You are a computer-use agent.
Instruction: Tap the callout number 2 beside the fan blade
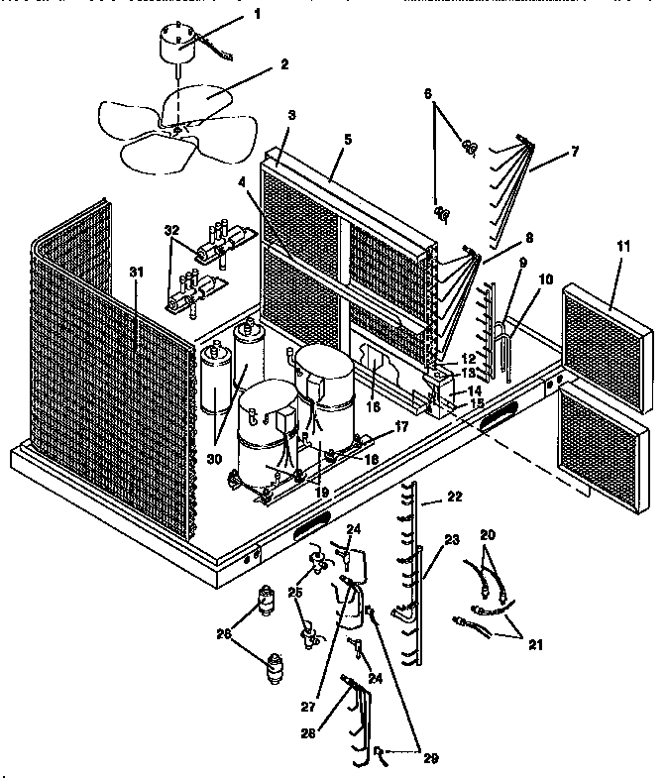284,65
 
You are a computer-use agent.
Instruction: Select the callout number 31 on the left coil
136,273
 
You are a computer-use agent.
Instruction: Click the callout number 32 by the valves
172,230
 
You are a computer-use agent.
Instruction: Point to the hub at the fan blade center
176,130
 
